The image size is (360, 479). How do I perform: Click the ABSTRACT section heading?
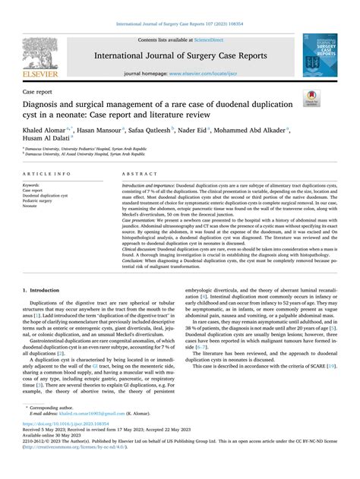137,174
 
